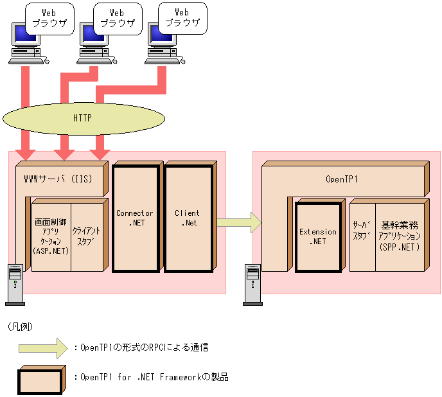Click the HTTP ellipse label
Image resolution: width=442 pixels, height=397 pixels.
[x=82, y=118]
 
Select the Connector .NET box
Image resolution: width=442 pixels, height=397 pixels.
[x=135, y=218]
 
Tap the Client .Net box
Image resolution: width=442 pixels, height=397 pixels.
[x=187, y=218]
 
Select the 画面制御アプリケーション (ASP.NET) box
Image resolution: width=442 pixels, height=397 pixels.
[x=51, y=238]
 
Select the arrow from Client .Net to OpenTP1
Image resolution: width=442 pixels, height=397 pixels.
[x=238, y=223]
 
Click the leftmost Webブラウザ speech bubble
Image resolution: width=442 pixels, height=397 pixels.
[x=48, y=17]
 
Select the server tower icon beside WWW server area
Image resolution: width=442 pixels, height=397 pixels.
[x=14, y=283]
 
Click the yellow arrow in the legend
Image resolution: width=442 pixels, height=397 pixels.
[x=42, y=348]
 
